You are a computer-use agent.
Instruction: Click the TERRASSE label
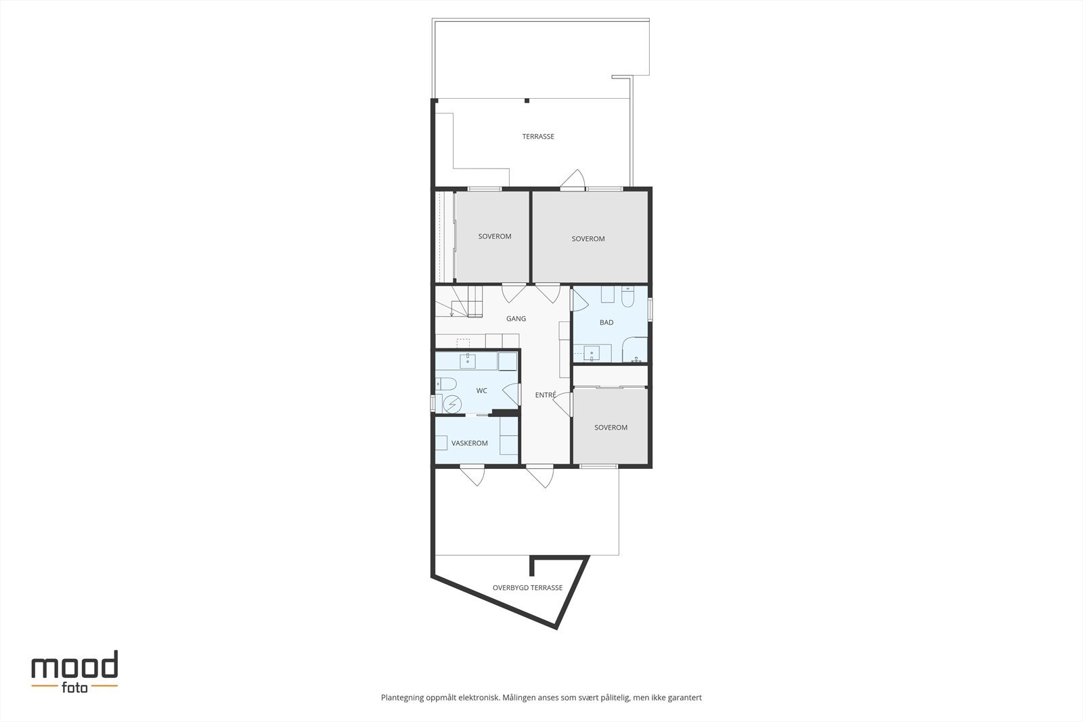(x=538, y=137)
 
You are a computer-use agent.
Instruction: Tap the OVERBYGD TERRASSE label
(x=527, y=588)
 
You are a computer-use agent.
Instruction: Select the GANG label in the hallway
(x=516, y=319)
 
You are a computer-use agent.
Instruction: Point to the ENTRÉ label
(x=546, y=394)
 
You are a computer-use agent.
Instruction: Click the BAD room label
(x=606, y=323)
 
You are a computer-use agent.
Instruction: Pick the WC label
(x=482, y=391)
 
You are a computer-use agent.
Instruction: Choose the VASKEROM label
(x=470, y=444)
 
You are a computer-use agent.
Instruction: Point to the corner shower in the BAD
(x=635, y=351)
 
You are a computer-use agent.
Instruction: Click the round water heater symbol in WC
(x=451, y=404)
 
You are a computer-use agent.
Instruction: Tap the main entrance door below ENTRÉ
(x=539, y=476)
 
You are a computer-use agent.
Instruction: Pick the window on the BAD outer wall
(x=650, y=309)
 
